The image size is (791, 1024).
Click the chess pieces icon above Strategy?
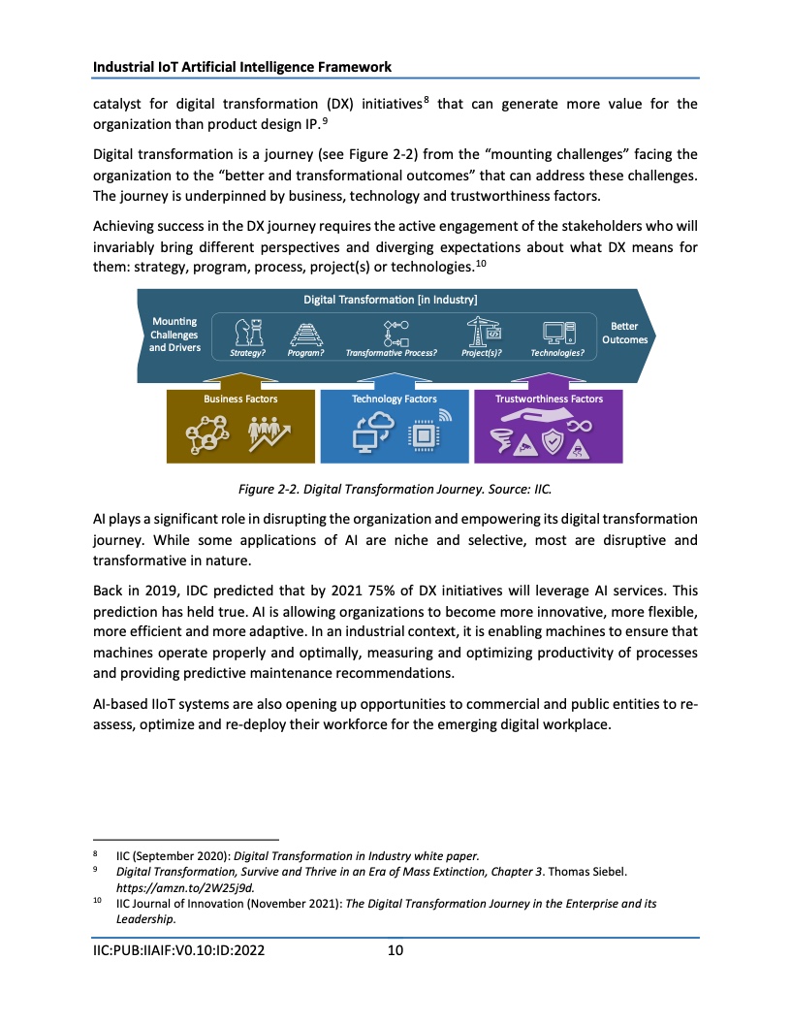(249, 333)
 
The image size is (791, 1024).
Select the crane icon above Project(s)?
(481, 332)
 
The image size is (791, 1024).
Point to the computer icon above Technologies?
(558, 333)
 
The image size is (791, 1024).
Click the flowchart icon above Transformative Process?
(396, 333)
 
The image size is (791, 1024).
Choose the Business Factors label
(240, 399)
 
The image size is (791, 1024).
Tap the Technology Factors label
(394, 399)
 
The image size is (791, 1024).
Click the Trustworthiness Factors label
(549, 399)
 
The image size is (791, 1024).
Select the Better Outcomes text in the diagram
(624, 333)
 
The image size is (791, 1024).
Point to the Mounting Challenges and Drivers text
(174, 335)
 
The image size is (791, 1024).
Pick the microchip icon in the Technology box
(425, 437)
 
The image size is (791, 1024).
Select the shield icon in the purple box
(551, 443)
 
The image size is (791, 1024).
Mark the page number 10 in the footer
(395, 950)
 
